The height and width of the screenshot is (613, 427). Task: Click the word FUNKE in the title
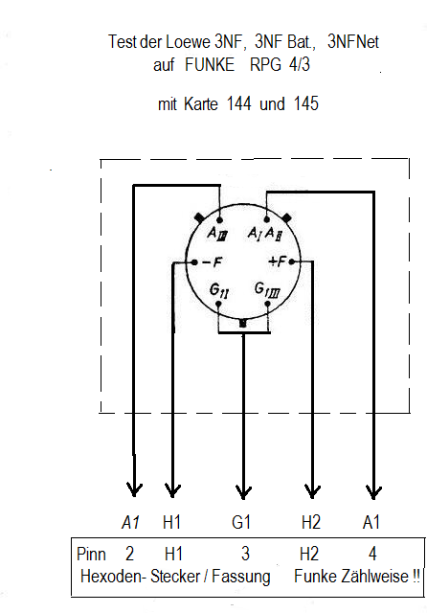pos(210,64)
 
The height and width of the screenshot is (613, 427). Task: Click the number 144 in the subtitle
pos(238,104)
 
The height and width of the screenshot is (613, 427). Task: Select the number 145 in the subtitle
pos(306,104)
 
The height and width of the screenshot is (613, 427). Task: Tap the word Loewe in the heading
pos(189,42)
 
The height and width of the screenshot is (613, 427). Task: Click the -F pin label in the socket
pos(213,261)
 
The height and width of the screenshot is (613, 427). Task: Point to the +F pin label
pos(278,261)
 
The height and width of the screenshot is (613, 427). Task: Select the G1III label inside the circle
pos(267,290)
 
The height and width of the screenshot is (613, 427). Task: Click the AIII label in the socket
pos(217,234)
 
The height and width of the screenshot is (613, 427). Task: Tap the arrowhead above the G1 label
pos(243,491)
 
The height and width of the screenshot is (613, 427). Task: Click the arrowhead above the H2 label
pos(312,491)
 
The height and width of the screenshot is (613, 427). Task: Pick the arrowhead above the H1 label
pos(172,489)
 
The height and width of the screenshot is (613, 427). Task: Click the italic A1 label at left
pos(131,522)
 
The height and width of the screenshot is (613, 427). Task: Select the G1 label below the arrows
pos(241,522)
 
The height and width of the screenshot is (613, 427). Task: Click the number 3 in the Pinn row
pos(245,554)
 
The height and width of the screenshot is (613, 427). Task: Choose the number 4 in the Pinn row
pos(372,554)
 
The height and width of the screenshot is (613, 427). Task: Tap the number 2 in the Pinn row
pos(129,554)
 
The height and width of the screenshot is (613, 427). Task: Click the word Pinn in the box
pos(91,554)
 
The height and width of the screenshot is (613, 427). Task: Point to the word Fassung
pos(240,577)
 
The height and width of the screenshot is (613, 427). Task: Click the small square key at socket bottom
pos(242,323)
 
